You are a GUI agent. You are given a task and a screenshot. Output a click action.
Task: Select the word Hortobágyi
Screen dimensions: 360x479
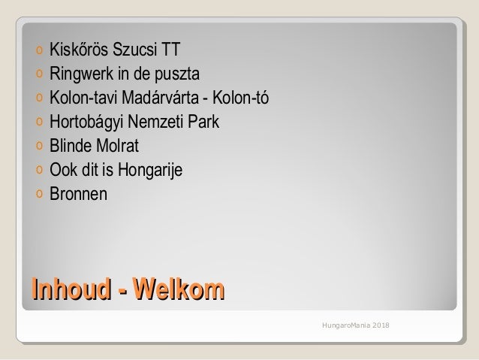pyautogui.click(x=84, y=123)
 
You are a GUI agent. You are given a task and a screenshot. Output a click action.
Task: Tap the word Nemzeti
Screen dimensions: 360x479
pyautogui.click(x=157, y=123)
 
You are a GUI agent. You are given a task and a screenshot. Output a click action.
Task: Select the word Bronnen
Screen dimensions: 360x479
pyautogui.click(x=78, y=194)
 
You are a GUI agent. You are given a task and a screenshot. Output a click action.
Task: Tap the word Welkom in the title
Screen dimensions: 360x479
pyautogui.click(x=177, y=289)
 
